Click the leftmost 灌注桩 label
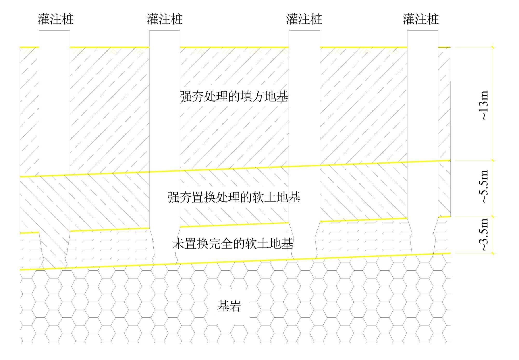(56, 19)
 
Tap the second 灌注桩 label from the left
(165, 19)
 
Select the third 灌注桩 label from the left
(304, 19)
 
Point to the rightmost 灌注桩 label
(421, 19)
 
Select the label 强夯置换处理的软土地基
(234, 197)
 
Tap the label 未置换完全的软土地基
(233, 244)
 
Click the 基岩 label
(229, 306)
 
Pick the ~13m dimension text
(484, 105)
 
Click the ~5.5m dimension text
(484, 186)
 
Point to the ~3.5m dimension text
(484, 235)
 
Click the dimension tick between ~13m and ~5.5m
(493, 161)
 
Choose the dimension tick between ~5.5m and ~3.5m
(493, 216)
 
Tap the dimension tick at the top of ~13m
(493, 47)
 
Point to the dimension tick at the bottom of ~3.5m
(493, 253)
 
